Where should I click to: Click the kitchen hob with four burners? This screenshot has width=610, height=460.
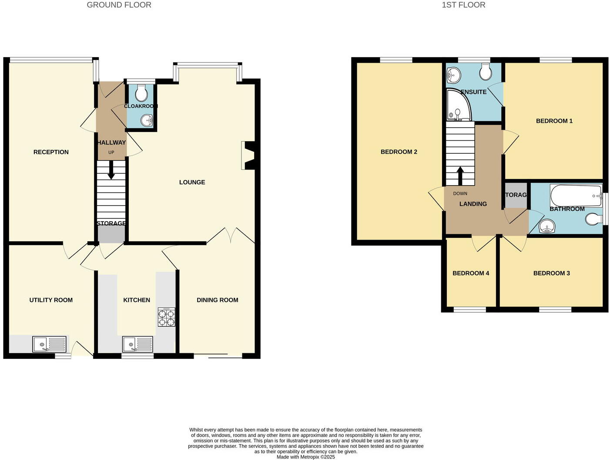point(166,317)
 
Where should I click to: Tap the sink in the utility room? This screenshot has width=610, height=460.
point(49,344)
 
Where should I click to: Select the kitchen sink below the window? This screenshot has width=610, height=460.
point(137,344)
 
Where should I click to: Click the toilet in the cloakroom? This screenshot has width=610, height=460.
point(141,92)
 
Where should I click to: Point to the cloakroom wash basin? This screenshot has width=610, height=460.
point(147,120)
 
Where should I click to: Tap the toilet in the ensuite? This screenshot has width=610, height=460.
point(486,71)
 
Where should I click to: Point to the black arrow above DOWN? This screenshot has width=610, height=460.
point(460,176)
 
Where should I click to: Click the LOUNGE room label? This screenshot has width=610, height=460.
point(192,182)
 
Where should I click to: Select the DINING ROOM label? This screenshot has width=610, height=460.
point(217,300)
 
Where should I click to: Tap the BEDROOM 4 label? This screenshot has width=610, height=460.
point(471,273)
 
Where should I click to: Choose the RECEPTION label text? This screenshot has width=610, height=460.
point(51,152)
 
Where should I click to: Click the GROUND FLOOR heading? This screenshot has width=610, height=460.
point(119,5)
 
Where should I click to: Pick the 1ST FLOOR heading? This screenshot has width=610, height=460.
point(463,5)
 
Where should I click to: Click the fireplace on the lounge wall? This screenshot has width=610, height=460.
point(248,156)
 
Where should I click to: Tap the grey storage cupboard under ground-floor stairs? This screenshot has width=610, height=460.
point(111,234)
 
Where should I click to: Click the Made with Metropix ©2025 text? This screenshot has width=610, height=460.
point(305,457)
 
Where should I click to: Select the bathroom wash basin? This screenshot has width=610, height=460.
point(546,227)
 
